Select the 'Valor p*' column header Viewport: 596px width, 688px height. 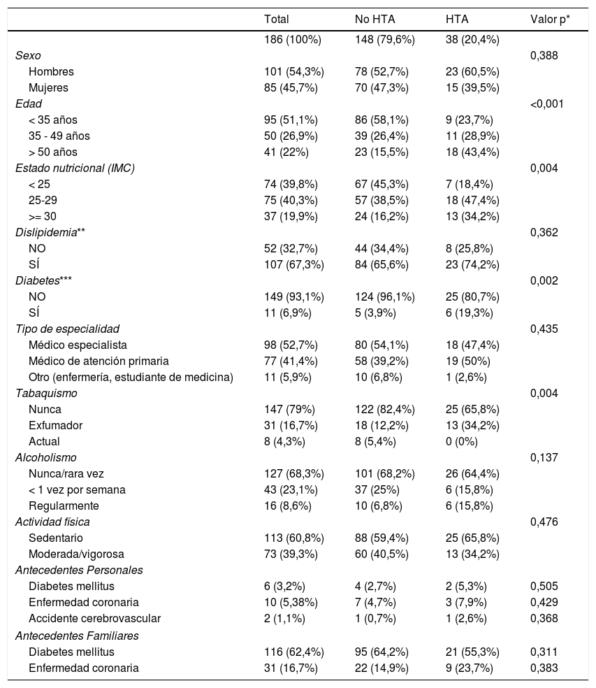click(x=550, y=20)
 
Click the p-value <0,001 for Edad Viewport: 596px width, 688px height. click(x=546, y=103)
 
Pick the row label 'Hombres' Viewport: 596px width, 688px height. click(x=51, y=71)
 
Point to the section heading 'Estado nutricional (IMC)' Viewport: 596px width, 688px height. click(x=75, y=168)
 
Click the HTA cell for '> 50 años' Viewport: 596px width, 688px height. click(x=472, y=152)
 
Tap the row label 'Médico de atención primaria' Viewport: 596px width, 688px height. click(x=99, y=361)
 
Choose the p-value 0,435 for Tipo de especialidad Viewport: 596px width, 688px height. click(x=544, y=329)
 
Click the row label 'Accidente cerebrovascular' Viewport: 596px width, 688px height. click(x=94, y=618)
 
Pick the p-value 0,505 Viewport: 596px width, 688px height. click(x=544, y=586)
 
